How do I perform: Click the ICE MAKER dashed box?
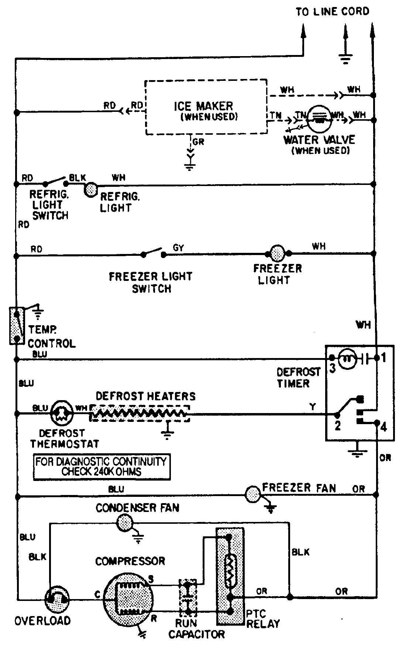point(206,107)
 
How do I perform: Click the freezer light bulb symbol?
point(277,253)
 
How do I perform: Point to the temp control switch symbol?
point(16,325)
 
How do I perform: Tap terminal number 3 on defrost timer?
point(332,368)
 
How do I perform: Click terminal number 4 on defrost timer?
point(383,427)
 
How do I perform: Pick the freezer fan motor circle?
point(253,494)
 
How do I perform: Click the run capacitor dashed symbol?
point(188,598)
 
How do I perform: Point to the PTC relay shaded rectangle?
point(230,576)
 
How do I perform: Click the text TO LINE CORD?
point(332,11)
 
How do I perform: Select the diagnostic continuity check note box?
point(101,467)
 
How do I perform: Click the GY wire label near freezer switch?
point(178,248)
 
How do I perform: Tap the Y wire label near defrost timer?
point(313,407)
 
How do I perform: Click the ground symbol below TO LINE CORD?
point(345,59)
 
